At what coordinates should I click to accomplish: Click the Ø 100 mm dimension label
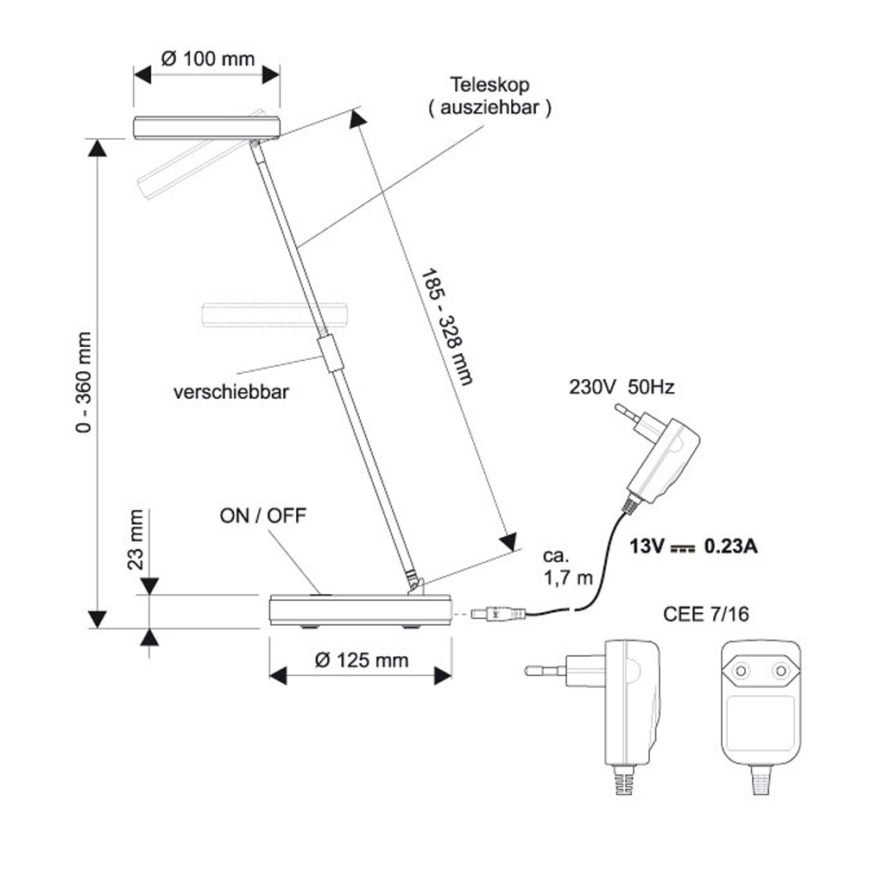207,59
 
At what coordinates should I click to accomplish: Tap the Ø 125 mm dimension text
362,660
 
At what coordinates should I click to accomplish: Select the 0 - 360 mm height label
83,382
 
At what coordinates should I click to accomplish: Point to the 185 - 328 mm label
446,327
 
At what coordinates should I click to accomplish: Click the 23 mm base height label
136,540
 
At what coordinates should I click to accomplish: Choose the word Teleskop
489,85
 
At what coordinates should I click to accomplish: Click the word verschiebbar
231,392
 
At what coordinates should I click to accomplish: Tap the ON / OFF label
262,515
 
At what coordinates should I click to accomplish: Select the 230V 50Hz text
622,388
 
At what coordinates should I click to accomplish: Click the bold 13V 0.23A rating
693,546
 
